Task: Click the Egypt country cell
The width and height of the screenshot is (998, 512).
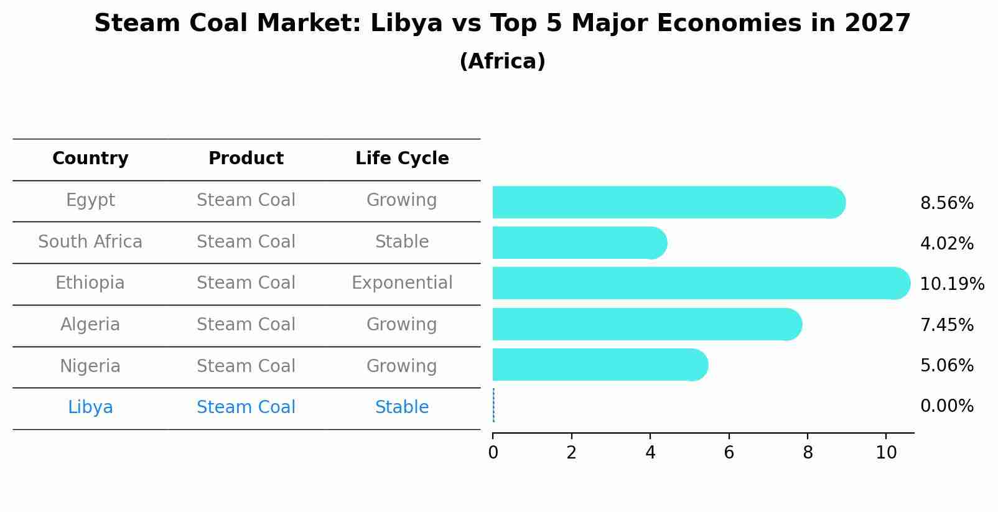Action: (90, 200)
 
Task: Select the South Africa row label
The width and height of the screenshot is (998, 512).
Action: (90, 242)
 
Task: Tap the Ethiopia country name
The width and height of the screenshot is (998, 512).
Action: (90, 283)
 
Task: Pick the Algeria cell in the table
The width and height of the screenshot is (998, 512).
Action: (90, 325)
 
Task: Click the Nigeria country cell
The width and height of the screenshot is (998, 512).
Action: (90, 366)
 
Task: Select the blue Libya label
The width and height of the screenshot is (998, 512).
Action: (90, 407)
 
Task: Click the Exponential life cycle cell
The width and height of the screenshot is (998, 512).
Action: (402, 283)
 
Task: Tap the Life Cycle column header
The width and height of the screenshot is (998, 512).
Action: (402, 159)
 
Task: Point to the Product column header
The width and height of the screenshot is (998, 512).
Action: (246, 159)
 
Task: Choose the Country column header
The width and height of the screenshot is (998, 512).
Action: (90, 159)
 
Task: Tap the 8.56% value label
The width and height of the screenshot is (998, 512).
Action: (946, 203)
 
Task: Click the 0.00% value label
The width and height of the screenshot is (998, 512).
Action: (946, 407)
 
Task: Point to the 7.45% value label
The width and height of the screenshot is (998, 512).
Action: (946, 325)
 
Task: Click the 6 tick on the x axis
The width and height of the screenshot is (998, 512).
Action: (729, 453)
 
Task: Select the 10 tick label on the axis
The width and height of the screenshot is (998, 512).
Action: (886, 453)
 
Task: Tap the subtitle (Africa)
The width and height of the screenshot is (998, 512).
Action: (502, 62)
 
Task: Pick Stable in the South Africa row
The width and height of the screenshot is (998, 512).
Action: (402, 242)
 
